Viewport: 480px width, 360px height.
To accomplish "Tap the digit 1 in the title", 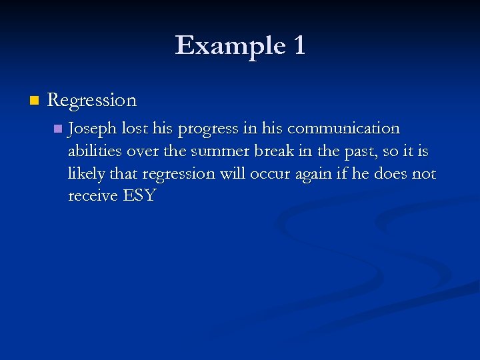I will point(298,46).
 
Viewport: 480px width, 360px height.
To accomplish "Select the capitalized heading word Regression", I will point(92,101).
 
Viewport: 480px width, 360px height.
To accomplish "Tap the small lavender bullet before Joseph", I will point(58,128).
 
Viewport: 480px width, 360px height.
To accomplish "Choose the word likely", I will point(87,175).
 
